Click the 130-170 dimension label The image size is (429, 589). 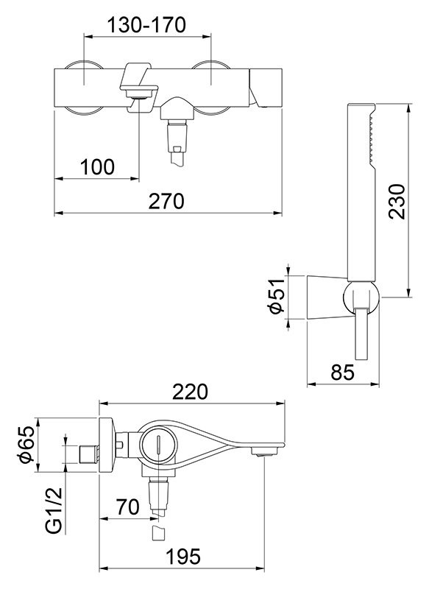pyautogui.click(x=146, y=25)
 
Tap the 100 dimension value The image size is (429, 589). pyautogui.click(x=97, y=167)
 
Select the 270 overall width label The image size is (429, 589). pyautogui.click(x=166, y=201)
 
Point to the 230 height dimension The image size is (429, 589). pyautogui.click(x=397, y=201)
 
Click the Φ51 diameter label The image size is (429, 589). pyautogui.click(x=277, y=297)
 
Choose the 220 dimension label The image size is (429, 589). pyautogui.click(x=190, y=392)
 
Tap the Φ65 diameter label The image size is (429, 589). pyautogui.click(x=27, y=445)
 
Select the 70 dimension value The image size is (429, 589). pyautogui.click(x=127, y=507)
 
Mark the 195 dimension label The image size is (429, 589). pyautogui.click(x=183, y=557)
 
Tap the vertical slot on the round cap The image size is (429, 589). pyautogui.click(x=159, y=445)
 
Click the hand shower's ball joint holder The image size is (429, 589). pyautogui.click(x=361, y=298)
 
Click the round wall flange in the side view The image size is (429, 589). pyautogui.click(x=106, y=445)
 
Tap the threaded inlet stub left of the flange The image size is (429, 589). pyautogui.click(x=89, y=454)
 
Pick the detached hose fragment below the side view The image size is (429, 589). pyautogui.click(x=158, y=532)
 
